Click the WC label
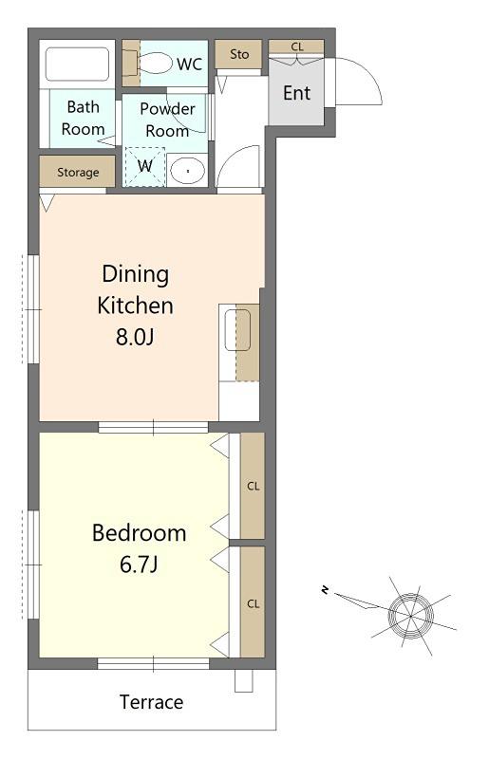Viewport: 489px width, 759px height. (189, 64)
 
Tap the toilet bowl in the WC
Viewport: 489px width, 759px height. (155, 63)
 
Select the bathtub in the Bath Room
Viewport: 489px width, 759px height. (77, 64)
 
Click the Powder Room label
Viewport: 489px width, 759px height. (167, 120)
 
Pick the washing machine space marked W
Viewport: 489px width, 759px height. (144, 167)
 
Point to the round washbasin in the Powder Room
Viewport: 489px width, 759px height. (188, 171)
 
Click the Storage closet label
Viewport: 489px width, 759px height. (78, 173)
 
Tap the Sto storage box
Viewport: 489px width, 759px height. (239, 54)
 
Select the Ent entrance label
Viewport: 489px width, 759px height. (296, 93)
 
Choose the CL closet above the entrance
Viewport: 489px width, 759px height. (296, 46)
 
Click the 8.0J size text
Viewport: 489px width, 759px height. (135, 337)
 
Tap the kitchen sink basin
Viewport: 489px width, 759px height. (237, 330)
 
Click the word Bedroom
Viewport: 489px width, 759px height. (139, 533)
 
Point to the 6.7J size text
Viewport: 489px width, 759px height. (139, 565)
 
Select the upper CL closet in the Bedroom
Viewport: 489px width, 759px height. (253, 486)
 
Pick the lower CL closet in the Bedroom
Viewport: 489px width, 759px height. (253, 602)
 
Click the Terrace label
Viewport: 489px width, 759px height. (151, 702)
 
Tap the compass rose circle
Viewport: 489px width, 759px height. (410, 616)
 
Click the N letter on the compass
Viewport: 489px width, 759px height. (325, 589)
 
